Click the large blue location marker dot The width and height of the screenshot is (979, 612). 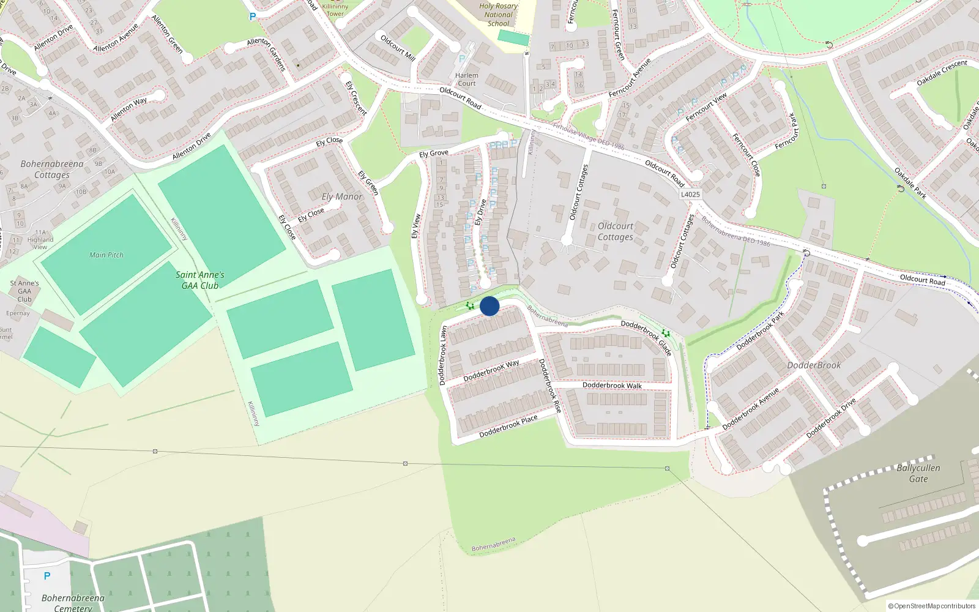pos(489,306)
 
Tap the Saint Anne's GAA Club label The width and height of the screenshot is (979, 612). pos(200,280)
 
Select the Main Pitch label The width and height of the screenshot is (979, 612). pos(106,255)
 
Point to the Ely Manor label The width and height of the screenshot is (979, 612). pos(342,196)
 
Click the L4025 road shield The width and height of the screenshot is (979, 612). pos(690,194)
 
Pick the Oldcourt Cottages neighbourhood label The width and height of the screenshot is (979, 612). pos(616,231)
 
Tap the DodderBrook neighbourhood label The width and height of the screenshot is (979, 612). pos(814,365)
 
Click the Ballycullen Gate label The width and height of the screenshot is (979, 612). pos(918,473)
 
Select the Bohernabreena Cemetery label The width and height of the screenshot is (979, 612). pos(73,603)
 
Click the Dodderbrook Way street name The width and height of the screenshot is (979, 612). pos(491,370)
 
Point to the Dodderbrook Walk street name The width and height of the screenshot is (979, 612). pos(612,386)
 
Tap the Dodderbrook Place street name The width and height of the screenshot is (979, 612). pos(508,425)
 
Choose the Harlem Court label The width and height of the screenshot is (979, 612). pos(467,80)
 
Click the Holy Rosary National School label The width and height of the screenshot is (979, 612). pos(498,15)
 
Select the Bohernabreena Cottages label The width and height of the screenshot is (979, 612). pos(52,170)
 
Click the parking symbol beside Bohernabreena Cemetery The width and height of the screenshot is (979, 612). pos(47,576)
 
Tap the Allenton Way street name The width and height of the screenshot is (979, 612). pos(128,109)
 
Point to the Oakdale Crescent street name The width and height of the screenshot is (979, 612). pos(942,73)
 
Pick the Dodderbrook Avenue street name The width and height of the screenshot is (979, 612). pos(751,408)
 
